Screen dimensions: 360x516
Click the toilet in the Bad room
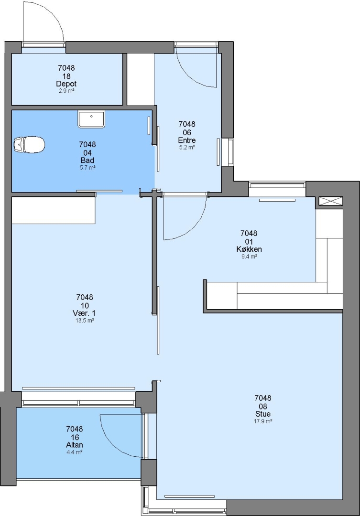point(29,144)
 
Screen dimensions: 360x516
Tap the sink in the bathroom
point(91,119)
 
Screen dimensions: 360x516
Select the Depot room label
point(66,84)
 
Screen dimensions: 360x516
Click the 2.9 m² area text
point(66,91)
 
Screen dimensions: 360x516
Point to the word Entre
point(187,140)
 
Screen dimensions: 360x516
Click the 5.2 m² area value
point(187,148)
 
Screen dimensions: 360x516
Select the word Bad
point(87,160)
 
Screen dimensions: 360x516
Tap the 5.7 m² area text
point(87,168)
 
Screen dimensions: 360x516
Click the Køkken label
point(249,249)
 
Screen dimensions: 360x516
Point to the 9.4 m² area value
point(249,257)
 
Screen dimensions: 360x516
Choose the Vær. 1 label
point(84,313)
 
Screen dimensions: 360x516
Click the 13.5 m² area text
point(85,320)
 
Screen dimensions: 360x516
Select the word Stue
point(263,414)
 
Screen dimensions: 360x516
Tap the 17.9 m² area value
point(263,421)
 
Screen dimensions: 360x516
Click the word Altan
point(75,445)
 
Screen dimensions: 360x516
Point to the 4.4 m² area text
point(75,452)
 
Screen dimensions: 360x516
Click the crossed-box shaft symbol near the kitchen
point(331,201)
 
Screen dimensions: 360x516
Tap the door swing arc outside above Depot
point(53,13)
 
